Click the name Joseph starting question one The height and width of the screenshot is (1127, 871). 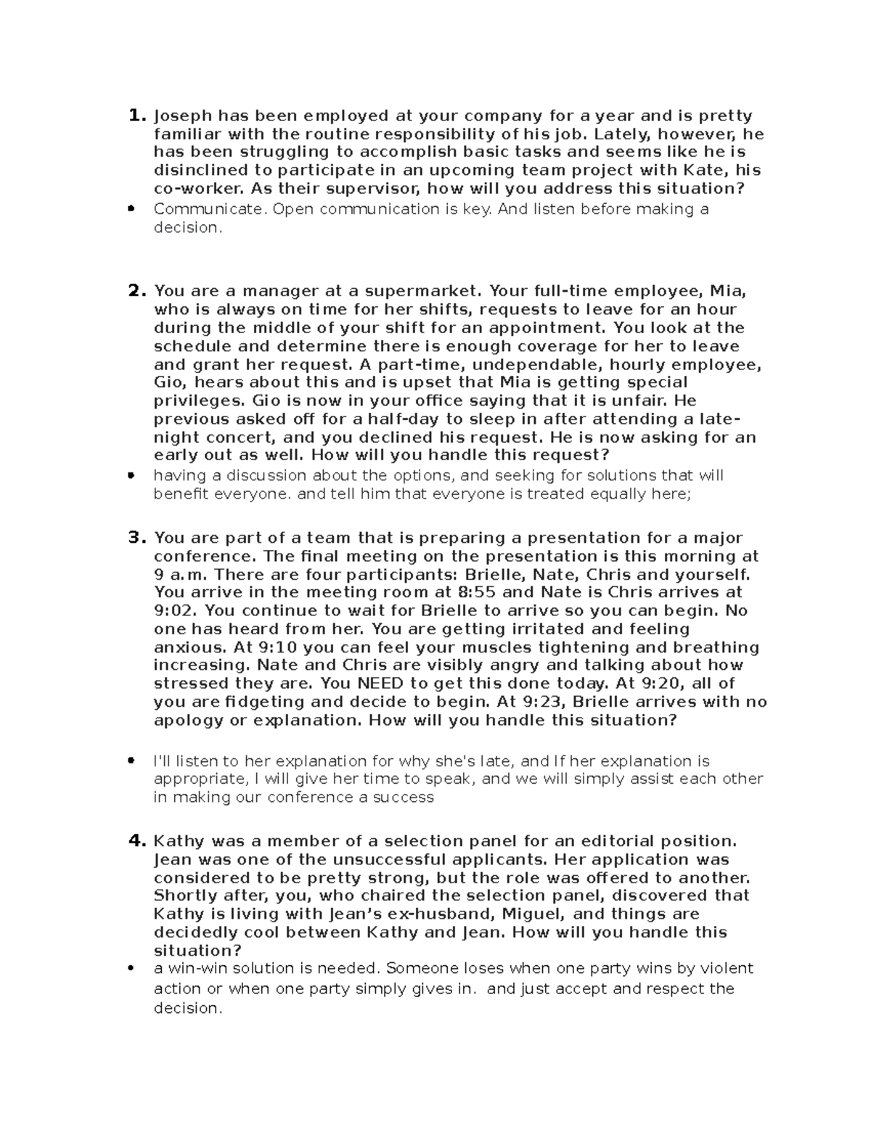183,116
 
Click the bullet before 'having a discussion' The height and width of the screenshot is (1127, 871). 131,476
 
